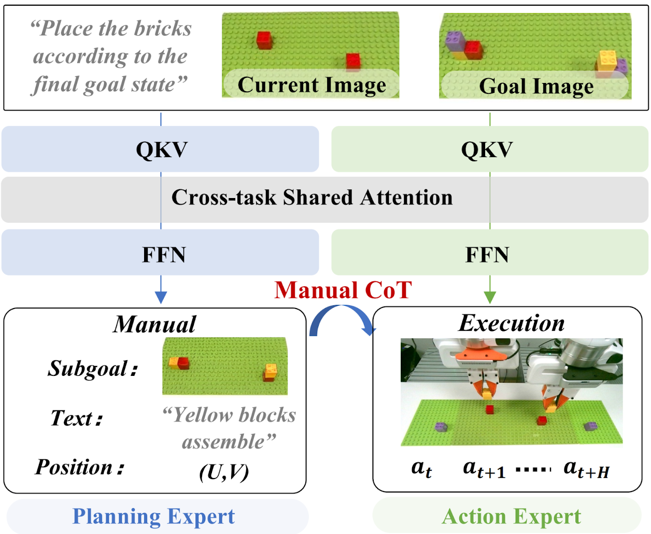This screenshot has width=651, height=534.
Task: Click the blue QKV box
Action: tap(161, 149)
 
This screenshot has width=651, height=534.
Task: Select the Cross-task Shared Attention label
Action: tap(312, 198)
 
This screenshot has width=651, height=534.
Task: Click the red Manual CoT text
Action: tap(343, 290)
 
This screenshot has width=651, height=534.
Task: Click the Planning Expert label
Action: tap(153, 516)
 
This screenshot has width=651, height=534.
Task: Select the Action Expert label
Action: tap(511, 516)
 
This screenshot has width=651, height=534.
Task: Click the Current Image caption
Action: tap(312, 85)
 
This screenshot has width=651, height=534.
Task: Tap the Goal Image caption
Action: tap(536, 86)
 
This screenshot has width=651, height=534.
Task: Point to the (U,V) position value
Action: tap(224, 472)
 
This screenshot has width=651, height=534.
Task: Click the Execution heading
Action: tap(512, 323)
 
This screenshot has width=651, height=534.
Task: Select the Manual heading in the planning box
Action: tap(154, 325)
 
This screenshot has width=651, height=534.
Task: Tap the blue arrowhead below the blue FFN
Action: tap(161, 297)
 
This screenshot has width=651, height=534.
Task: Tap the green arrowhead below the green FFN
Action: tap(490, 297)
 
